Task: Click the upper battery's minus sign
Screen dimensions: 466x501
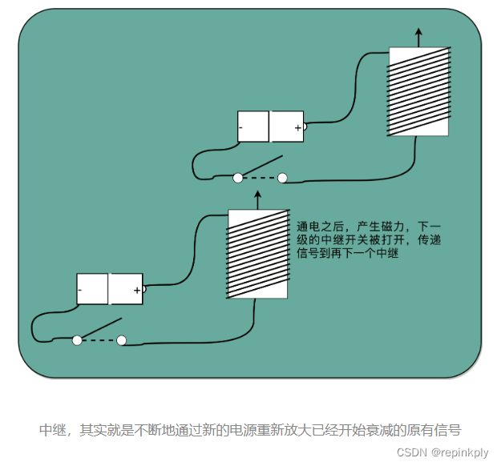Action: tap(241, 127)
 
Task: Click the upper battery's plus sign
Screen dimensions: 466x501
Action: tap(297, 127)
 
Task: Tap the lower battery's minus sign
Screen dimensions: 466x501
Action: tap(80, 289)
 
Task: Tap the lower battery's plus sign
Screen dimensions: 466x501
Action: tap(137, 289)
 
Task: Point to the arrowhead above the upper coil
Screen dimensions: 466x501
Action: tap(418, 34)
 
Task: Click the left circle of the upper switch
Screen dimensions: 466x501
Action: tap(238, 178)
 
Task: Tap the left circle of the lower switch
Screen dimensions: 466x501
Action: tap(77, 340)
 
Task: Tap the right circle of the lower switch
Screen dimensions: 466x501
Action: tap(122, 340)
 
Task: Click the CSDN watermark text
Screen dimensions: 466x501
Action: tap(412, 452)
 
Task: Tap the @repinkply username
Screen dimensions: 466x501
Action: tap(460, 452)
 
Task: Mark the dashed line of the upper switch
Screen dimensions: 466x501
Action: tap(261, 178)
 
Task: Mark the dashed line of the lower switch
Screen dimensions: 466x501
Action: tap(99, 340)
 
